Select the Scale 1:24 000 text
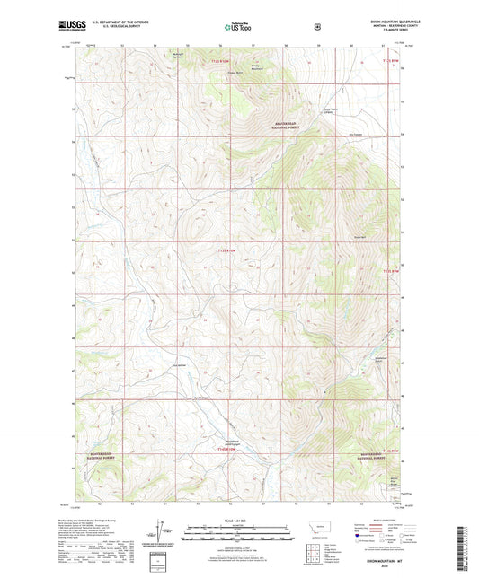[238, 521]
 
